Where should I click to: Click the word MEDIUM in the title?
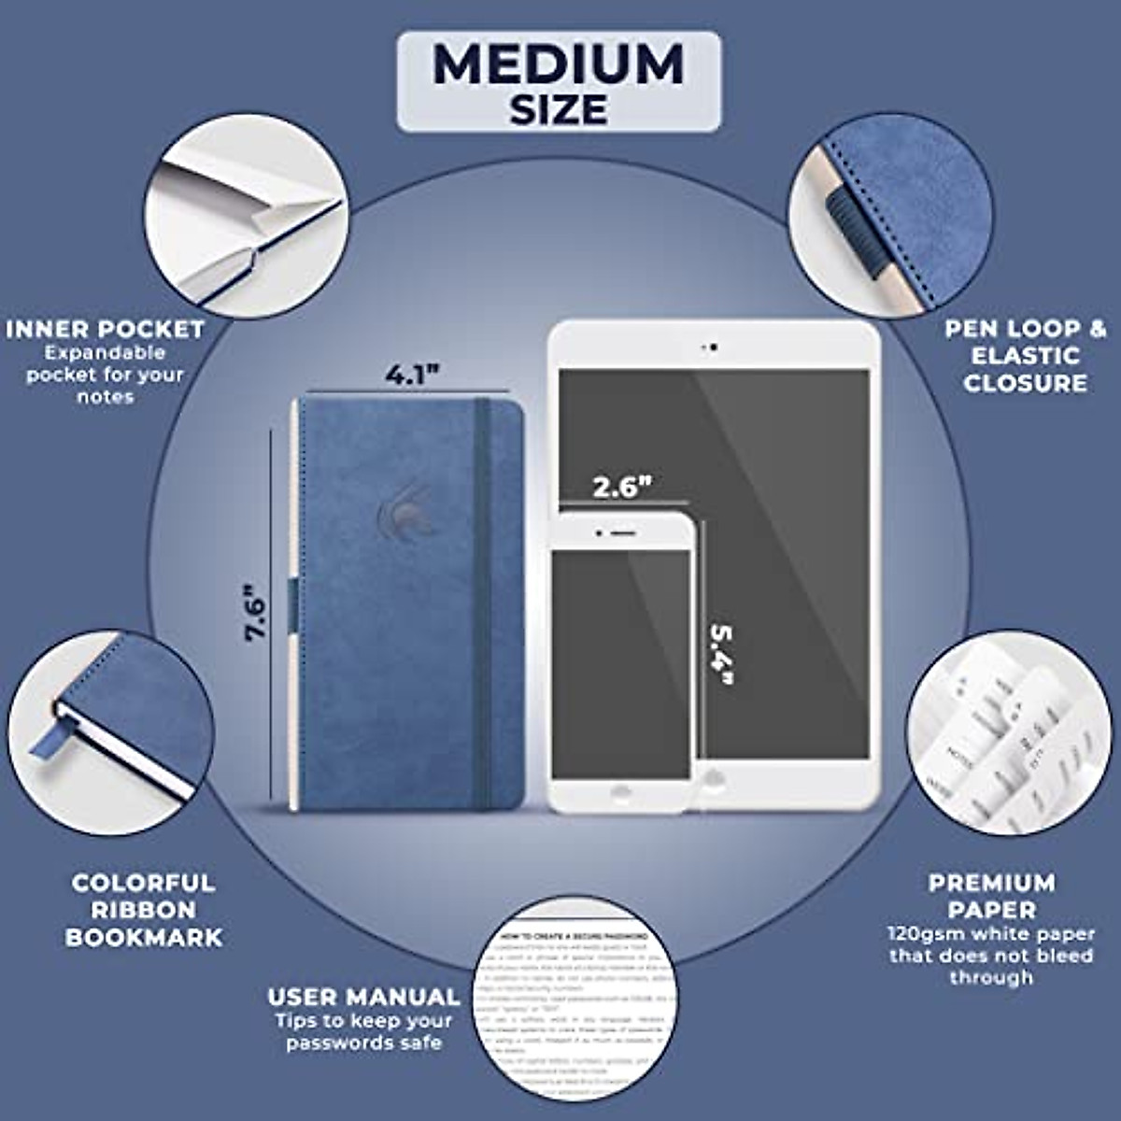559,65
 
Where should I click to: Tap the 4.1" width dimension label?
412,375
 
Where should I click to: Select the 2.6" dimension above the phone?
622,487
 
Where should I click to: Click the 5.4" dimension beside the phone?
721,653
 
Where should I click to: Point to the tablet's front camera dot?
714,348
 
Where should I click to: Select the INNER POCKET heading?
105,329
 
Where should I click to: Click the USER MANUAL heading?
363,997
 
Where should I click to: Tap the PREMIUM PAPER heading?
991,896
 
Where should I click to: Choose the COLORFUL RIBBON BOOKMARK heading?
143,910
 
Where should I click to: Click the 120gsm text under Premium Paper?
917,933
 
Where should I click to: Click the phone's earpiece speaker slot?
622,534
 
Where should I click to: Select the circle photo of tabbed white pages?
1009,733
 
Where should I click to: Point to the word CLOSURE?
1025,383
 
